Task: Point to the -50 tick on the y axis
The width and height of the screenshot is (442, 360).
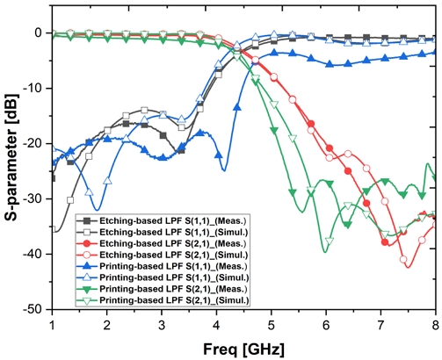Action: (x=36, y=309)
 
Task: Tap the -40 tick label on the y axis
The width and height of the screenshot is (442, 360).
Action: (x=36, y=254)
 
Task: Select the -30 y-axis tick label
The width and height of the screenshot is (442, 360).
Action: (x=36, y=198)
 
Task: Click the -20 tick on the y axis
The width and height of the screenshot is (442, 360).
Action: (x=36, y=143)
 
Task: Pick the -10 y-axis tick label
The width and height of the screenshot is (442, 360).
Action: (x=36, y=88)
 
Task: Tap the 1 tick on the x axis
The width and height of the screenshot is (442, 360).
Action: (x=53, y=323)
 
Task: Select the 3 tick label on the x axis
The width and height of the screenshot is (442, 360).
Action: (x=162, y=323)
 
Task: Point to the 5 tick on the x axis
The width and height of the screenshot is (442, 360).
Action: (x=272, y=323)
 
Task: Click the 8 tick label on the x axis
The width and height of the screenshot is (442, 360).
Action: (x=434, y=323)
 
